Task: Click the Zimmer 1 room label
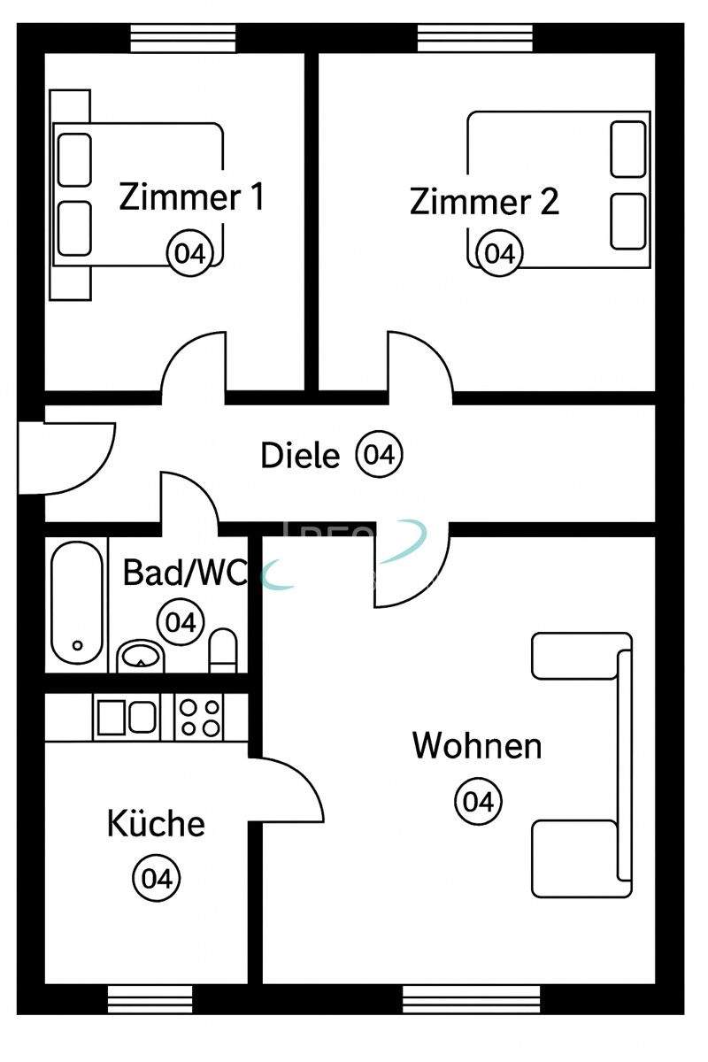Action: (x=191, y=196)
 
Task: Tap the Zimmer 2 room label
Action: (x=484, y=202)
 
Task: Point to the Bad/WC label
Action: (x=184, y=573)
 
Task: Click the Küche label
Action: (x=156, y=824)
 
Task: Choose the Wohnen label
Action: (x=477, y=745)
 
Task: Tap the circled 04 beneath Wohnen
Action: (x=478, y=802)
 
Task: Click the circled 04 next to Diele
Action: (x=379, y=455)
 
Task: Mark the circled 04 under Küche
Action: (x=156, y=879)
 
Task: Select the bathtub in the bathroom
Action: (x=76, y=601)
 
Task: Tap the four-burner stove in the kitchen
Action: (x=199, y=716)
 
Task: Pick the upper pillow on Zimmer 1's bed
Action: (x=74, y=159)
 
